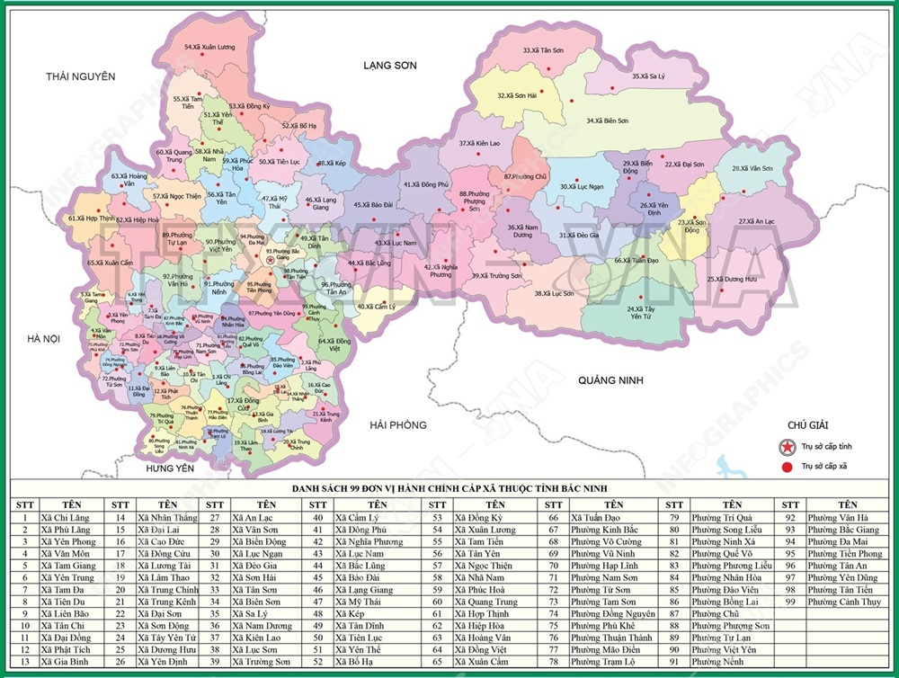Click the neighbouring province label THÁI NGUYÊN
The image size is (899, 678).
81,77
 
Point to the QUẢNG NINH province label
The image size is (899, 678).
611,380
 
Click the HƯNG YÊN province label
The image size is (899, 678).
158,468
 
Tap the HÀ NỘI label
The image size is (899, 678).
42,338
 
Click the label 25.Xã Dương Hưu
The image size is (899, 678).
732,279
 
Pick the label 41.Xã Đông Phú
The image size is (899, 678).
425,184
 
